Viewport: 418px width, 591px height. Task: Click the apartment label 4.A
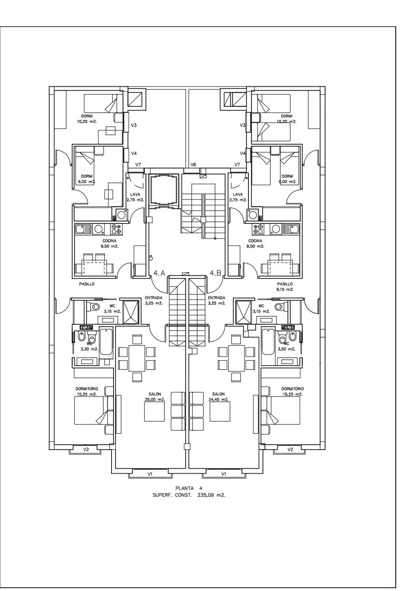(x=159, y=273)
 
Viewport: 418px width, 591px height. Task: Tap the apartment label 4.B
(x=215, y=273)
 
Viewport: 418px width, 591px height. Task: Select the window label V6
(x=193, y=165)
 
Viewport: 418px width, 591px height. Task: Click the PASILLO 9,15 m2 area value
(x=285, y=290)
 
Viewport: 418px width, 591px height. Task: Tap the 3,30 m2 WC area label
(x=90, y=349)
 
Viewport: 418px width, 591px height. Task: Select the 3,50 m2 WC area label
(x=286, y=349)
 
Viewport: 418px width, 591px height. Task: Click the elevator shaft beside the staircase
(x=163, y=191)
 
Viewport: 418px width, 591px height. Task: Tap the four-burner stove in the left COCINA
(x=116, y=229)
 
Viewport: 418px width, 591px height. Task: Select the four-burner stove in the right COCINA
(x=258, y=229)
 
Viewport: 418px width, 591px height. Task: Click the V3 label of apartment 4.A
(x=134, y=125)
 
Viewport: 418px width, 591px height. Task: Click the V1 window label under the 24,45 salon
(x=224, y=474)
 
